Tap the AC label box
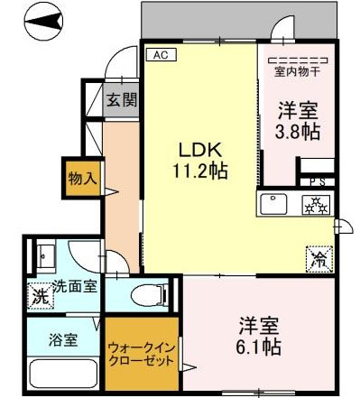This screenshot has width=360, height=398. [160, 55]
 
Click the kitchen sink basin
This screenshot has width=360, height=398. [274, 203]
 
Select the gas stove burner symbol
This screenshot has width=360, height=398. [316, 205]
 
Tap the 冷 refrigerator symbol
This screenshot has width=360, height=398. [318, 258]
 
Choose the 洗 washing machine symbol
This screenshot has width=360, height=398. [39, 293]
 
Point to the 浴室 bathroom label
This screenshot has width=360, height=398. [62, 340]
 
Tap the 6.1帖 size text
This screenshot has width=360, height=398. [260, 347]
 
